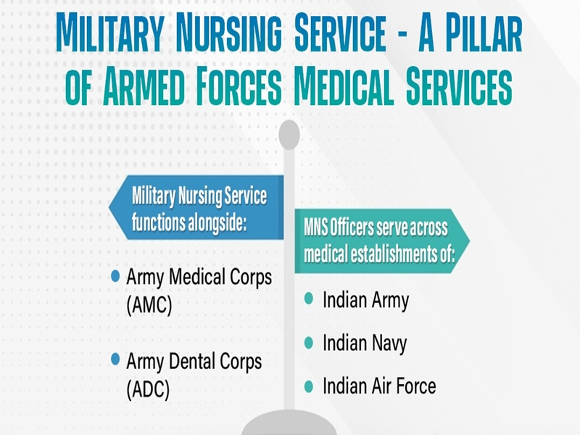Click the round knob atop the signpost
[x=289, y=135]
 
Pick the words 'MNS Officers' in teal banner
[x=340, y=229]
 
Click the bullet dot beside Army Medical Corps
[x=115, y=278]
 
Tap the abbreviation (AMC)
[x=149, y=305]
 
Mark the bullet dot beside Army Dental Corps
[x=115, y=360]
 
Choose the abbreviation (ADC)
[x=148, y=389]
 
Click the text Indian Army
[x=365, y=299]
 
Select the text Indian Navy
[x=365, y=342]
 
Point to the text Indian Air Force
[x=379, y=385]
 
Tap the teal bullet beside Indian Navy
[x=309, y=342]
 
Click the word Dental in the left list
[x=196, y=360]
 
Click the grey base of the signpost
[x=289, y=425]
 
